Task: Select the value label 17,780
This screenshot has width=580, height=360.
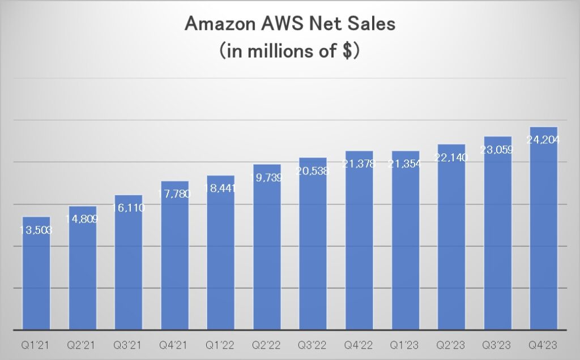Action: click(175, 194)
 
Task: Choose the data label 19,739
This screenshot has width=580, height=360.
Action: click(267, 178)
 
